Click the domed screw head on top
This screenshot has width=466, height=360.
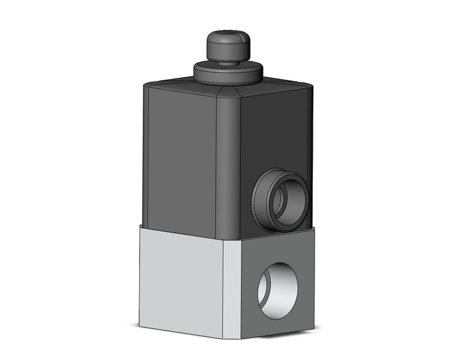pyautogui.click(x=226, y=47)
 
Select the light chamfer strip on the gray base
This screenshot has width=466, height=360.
pyautogui.click(x=232, y=282)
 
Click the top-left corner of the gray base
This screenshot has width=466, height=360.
pyautogui.click(x=140, y=227)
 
